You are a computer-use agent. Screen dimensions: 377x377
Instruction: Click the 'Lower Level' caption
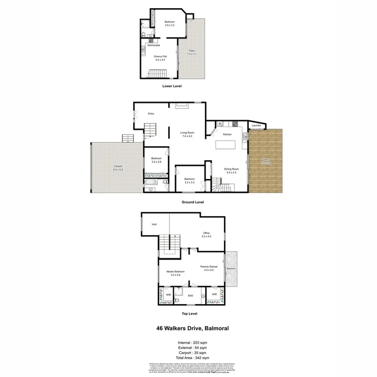click(x=172, y=86)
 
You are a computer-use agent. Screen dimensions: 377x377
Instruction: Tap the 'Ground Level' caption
click(x=193, y=202)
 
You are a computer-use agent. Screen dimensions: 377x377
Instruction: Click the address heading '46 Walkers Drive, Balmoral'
click(x=193, y=328)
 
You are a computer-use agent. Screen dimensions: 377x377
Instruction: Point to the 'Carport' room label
click(x=118, y=167)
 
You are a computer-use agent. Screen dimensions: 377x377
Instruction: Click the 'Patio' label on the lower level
click(x=192, y=51)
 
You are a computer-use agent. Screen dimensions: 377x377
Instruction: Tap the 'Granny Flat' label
click(x=160, y=57)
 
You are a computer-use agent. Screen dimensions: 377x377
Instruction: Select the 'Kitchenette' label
click(x=154, y=45)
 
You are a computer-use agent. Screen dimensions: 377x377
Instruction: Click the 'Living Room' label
click(x=187, y=133)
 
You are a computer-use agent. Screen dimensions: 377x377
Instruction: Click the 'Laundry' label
click(x=256, y=126)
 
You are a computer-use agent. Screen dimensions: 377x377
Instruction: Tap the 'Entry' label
click(x=151, y=114)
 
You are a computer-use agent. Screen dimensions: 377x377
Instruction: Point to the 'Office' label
click(x=206, y=233)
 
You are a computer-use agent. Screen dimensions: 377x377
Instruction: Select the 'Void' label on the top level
click(x=154, y=225)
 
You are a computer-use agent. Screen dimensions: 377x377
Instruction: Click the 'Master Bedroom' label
click(x=176, y=271)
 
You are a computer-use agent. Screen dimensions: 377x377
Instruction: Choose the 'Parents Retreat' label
click(x=209, y=267)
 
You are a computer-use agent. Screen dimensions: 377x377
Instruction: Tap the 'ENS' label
click(x=190, y=296)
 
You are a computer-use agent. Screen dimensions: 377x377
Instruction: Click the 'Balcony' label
click(x=231, y=269)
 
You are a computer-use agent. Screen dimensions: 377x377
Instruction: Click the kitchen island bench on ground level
click(x=224, y=144)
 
